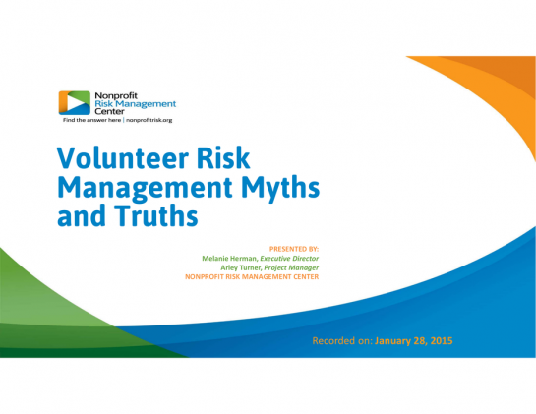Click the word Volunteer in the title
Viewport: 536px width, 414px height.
(123, 158)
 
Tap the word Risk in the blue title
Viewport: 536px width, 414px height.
(223, 158)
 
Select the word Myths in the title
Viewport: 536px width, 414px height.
(280, 189)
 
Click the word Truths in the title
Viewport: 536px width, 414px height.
(155, 216)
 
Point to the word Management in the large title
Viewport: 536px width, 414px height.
(146, 189)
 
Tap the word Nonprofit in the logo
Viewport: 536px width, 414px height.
(116, 95)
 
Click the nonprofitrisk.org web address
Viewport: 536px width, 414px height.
(149, 120)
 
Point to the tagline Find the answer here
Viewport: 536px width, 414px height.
(91, 120)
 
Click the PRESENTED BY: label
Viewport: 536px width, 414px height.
(294, 249)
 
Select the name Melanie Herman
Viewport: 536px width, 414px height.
(229, 259)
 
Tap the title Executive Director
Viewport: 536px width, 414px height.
(289, 259)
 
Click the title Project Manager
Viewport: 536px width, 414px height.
(291, 267)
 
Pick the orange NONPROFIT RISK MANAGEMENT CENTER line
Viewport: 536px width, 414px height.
(252, 277)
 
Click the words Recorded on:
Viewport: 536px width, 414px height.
(342, 341)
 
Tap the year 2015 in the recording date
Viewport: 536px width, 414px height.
(442, 341)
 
